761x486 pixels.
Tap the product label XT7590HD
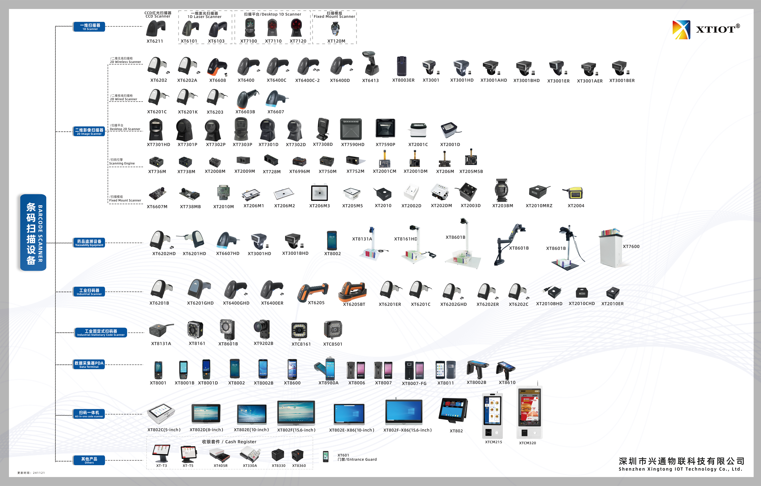[x=353, y=145]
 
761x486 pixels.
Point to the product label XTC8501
[x=332, y=344]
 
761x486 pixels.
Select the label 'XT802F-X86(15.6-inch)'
[x=407, y=430]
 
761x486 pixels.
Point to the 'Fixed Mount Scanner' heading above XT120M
[x=334, y=16]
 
